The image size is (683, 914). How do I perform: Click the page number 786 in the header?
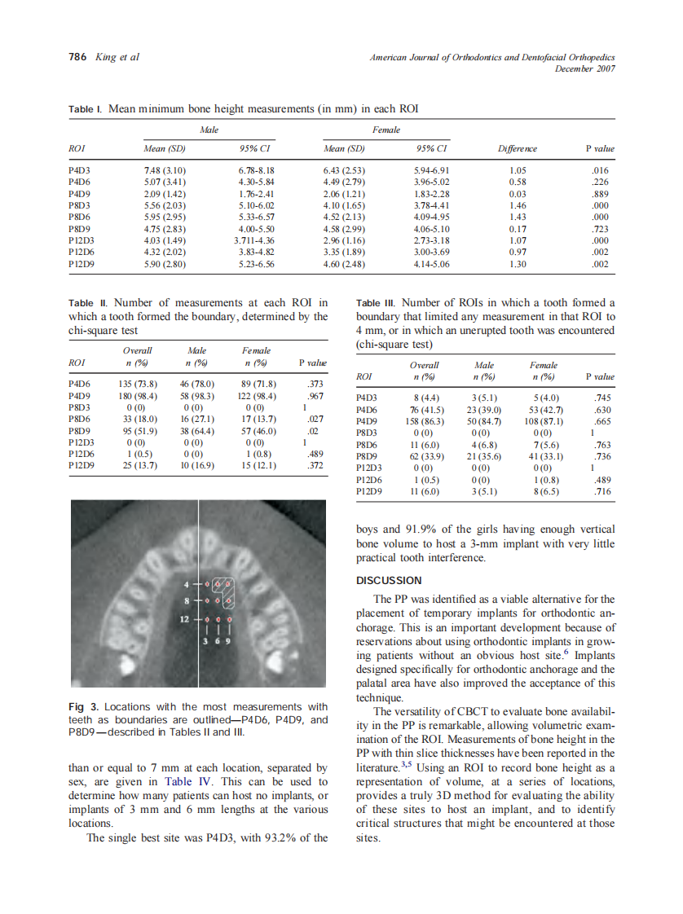76,57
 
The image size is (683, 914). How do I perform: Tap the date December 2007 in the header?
584,68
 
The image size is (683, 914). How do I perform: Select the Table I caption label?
85,109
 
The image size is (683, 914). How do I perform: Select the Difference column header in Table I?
517,149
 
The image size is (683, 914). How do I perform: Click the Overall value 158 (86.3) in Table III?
424,420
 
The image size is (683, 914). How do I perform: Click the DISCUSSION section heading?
389,581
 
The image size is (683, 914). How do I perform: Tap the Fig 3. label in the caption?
84,706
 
